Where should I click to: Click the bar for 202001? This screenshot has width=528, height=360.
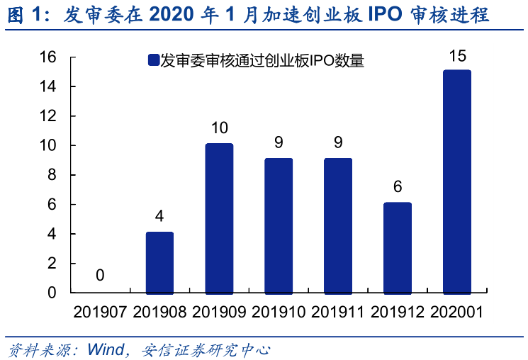click(x=457, y=181)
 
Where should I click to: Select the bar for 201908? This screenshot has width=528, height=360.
click(x=159, y=262)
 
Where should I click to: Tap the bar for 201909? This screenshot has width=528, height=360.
click(x=219, y=218)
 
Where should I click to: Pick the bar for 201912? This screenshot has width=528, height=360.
click(x=398, y=247)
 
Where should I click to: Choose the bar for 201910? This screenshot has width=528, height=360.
click(x=279, y=225)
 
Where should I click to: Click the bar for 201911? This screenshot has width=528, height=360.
click(x=338, y=225)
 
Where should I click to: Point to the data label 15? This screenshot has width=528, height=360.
click(x=456, y=55)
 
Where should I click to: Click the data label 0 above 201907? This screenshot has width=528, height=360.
click(x=100, y=275)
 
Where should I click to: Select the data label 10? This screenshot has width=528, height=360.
click(x=219, y=128)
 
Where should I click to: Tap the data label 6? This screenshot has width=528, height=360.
click(x=398, y=187)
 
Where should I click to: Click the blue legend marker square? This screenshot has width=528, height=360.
click(x=152, y=61)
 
